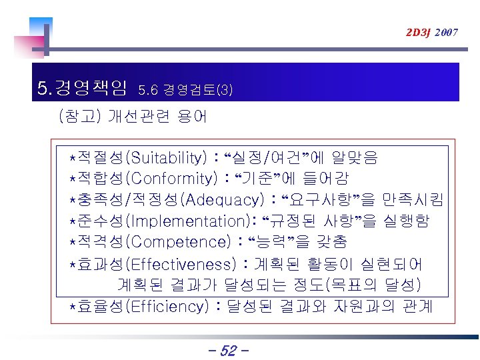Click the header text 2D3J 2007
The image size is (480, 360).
[431, 32]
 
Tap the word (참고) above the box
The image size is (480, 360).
[80, 117]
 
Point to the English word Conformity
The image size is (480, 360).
[172, 179]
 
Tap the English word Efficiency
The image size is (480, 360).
[166, 307]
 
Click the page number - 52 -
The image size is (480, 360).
[228, 349]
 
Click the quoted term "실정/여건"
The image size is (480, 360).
[269, 158]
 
